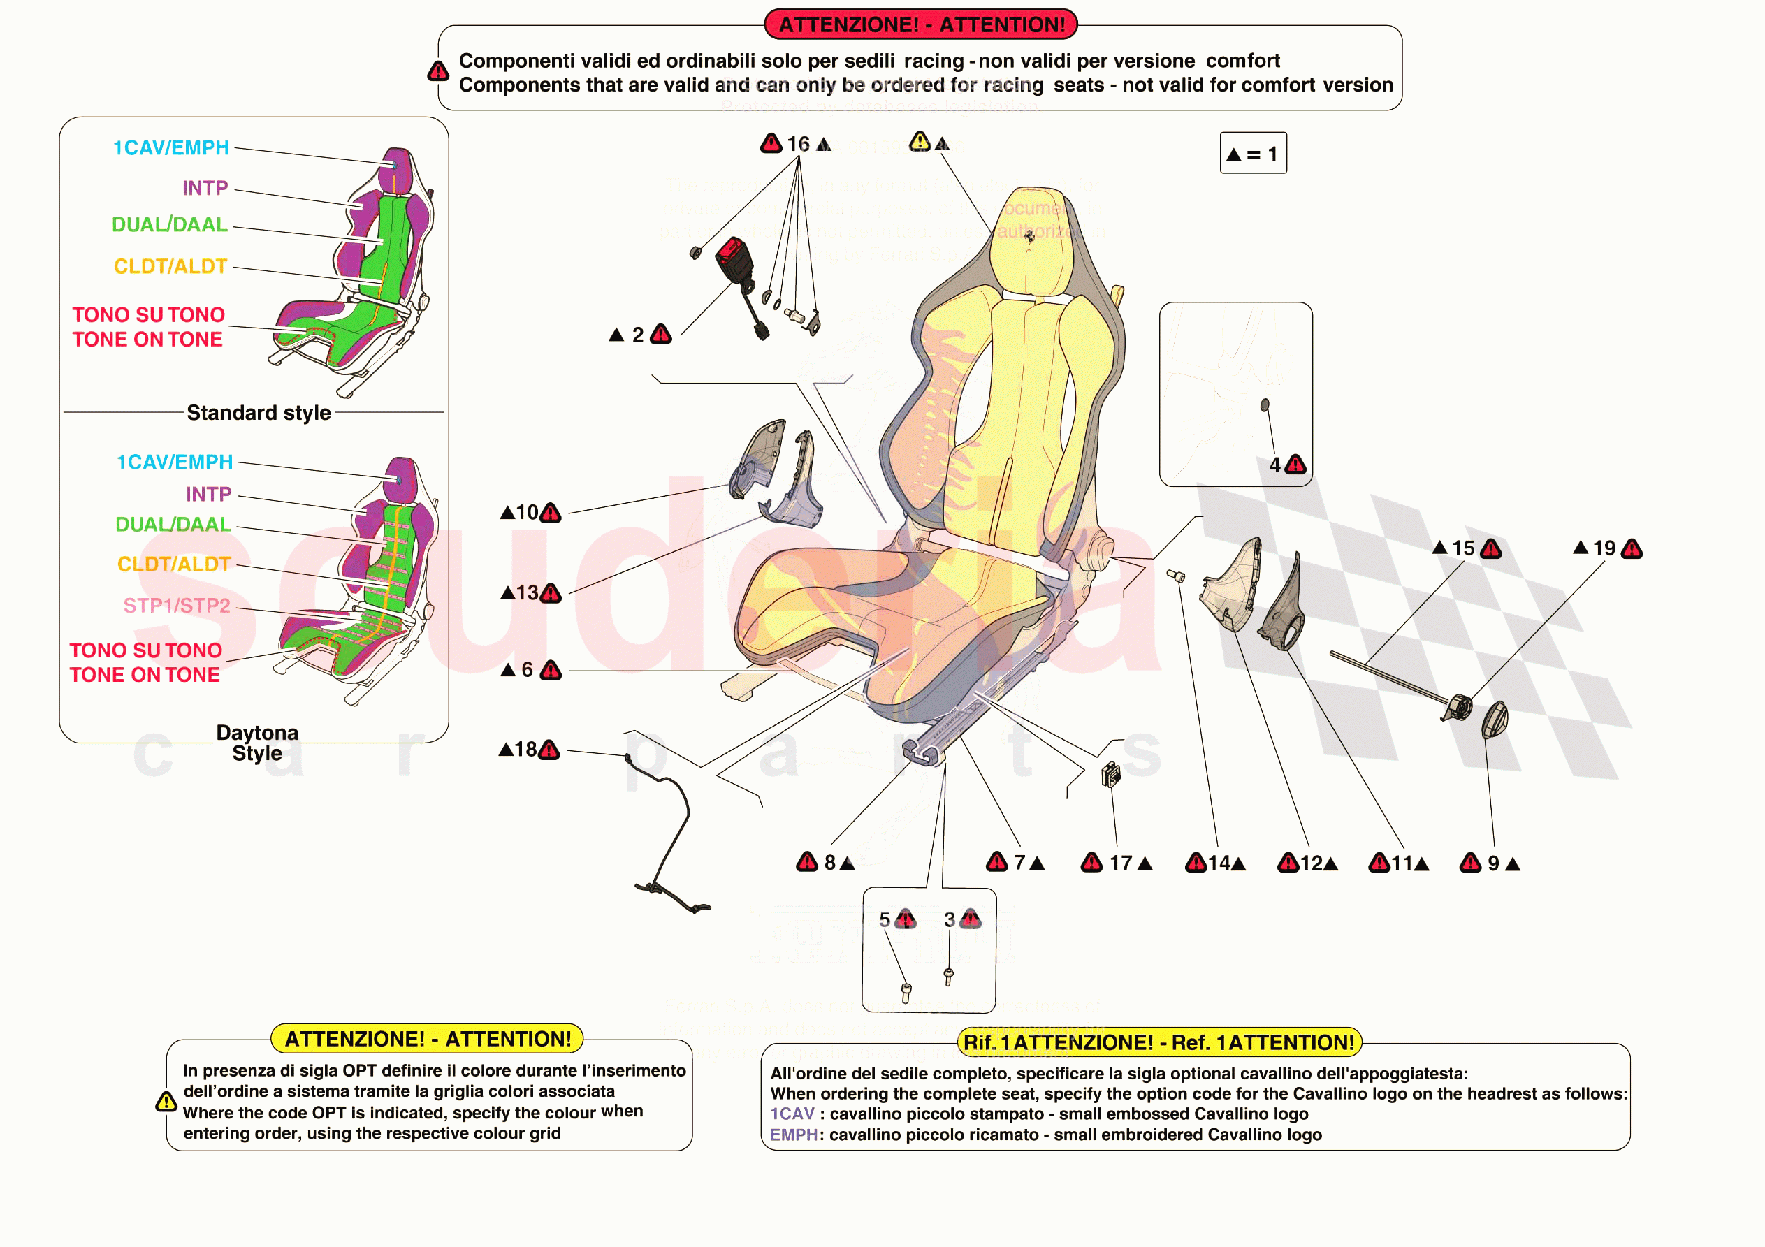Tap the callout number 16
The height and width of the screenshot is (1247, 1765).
point(798,144)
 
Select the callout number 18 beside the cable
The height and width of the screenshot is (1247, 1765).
point(526,750)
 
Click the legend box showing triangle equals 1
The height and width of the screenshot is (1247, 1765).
point(1253,154)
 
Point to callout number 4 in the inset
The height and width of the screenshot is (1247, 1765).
point(1274,465)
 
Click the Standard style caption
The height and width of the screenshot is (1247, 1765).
point(259,413)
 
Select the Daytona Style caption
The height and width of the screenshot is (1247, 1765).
point(258,743)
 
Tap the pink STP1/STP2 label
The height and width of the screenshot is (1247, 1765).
point(177,606)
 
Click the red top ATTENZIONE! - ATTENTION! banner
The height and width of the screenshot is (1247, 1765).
point(921,24)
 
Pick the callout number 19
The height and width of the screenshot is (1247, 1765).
point(1604,548)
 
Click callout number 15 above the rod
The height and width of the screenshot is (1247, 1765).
point(1463,548)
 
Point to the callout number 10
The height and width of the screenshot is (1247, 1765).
point(528,512)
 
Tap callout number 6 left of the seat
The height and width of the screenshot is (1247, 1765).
point(528,670)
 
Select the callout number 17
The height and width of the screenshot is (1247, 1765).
point(1120,863)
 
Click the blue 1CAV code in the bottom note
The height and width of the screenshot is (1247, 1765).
point(792,1114)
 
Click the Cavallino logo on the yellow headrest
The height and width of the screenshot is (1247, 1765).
point(1030,237)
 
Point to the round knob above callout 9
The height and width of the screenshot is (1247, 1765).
point(1495,720)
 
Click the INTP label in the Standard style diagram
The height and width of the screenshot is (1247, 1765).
point(205,189)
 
